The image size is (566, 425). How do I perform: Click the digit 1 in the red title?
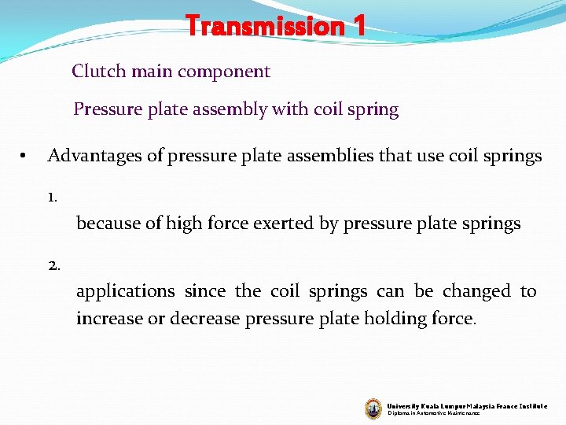(358, 27)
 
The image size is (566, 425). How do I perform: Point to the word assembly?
(236, 109)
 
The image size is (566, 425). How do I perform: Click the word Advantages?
(95, 156)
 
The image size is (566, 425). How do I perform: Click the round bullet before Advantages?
(25, 157)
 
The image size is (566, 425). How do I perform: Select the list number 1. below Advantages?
(52, 198)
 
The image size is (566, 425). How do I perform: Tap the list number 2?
(53, 265)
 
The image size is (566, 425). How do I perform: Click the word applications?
(126, 292)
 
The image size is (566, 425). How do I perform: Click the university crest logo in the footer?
(373, 408)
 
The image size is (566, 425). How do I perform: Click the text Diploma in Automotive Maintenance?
(433, 413)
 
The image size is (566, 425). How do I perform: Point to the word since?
(205, 291)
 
